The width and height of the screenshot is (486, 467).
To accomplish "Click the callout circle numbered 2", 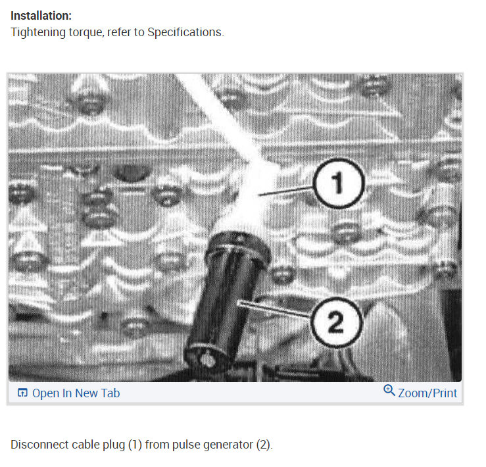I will pyautogui.click(x=335, y=322).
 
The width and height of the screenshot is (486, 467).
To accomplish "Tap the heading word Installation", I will pyautogui.click(x=41, y=15).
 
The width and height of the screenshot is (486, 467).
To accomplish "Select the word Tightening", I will pyautogui.click(x=36, y=32).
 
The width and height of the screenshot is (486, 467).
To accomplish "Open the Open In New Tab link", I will pyautogui.click(x=76, y=393).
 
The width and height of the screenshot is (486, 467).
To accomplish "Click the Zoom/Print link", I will pyautogui.click(x=427, y=393).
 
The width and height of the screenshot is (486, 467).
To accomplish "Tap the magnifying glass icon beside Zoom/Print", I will pyautogui.click(x=389, y=391).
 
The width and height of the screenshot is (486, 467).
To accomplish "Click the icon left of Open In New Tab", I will pyautogui.click(x=22, y=393).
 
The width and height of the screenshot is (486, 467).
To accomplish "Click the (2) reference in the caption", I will pyautogui.click(x=263, y=445).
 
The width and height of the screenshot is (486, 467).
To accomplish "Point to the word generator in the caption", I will pyautogui.click(x=228, y=445).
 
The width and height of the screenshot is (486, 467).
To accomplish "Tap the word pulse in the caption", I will pyautogui.click(x=185, y=445).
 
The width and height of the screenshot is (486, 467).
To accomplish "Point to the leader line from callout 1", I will pyautogui.click(x=286, y=191).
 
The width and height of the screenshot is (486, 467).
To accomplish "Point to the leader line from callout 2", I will pyautogui.click(x=276, y=310).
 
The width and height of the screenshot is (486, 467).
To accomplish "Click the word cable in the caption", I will pyautogui.click(x=83, y=445).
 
